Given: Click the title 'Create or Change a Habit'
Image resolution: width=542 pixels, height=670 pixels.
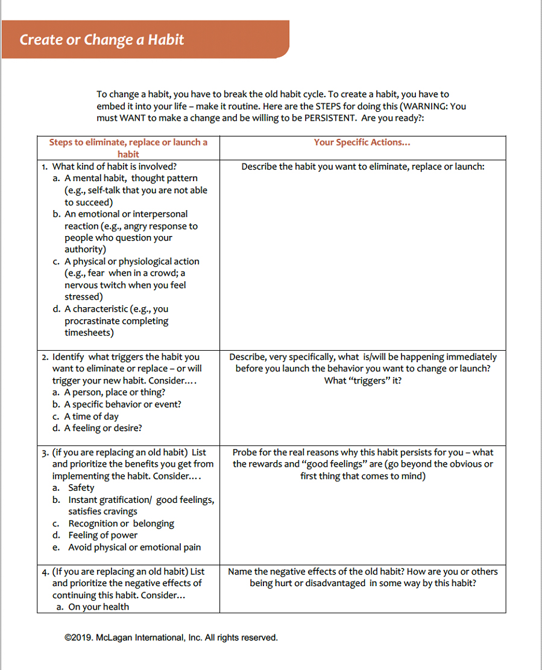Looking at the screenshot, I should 102,40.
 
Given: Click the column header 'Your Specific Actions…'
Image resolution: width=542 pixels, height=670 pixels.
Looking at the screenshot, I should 362,142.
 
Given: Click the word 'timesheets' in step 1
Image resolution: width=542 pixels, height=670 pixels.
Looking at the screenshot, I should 89,333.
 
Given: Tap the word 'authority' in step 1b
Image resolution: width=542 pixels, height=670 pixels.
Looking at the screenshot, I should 85,249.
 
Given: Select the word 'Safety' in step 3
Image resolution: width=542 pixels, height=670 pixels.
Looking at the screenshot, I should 81,488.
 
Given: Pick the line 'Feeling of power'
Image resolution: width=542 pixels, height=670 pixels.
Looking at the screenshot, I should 102,535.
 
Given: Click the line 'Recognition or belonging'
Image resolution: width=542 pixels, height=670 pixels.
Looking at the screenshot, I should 121,523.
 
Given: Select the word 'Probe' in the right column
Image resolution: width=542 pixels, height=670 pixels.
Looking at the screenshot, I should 244,452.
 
